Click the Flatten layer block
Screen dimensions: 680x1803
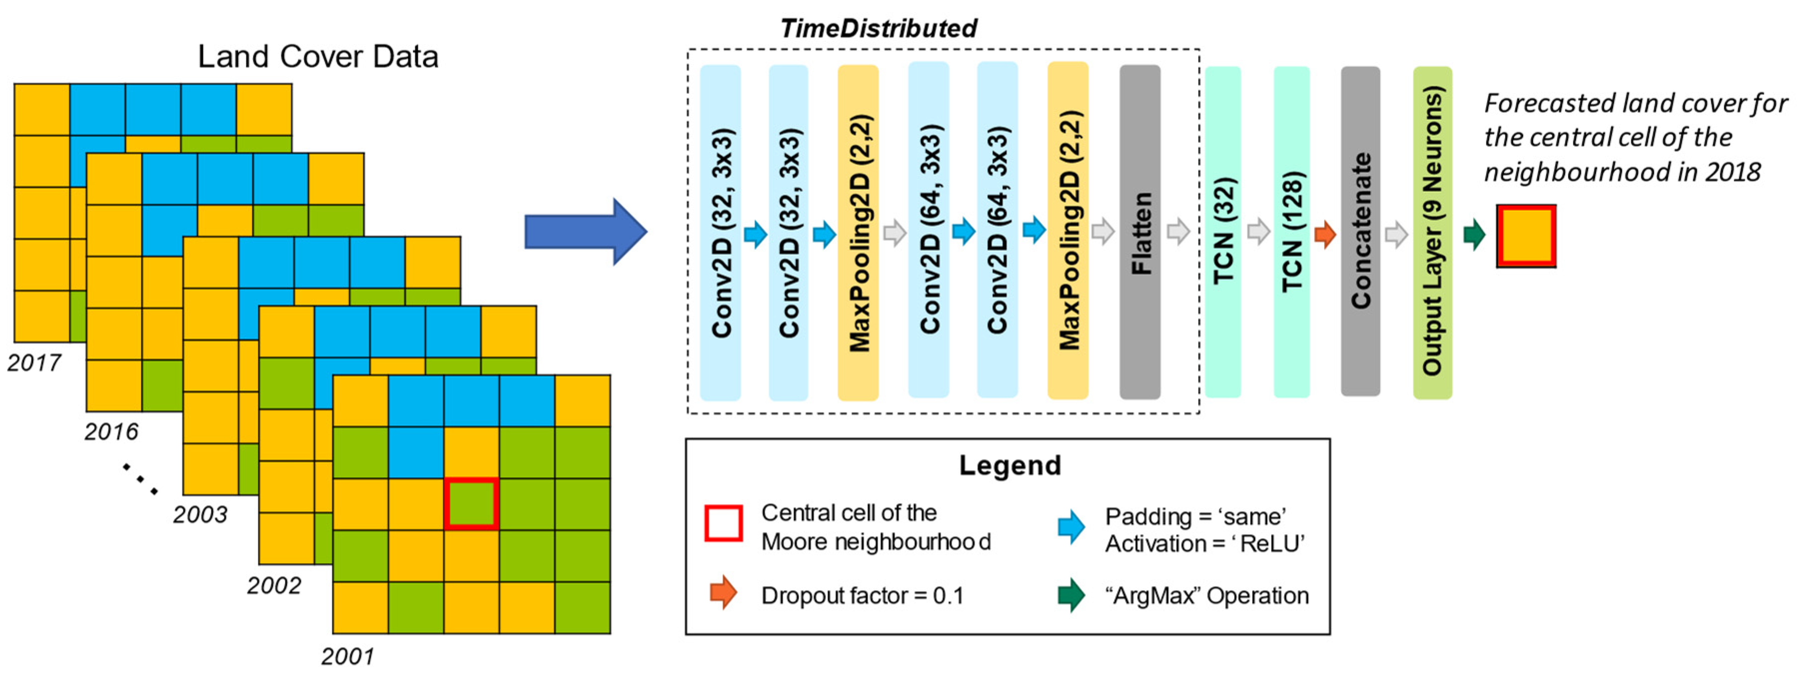(1140, 232)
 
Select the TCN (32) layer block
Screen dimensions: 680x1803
(1223, 232)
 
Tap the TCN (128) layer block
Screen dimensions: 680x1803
(1291, 232)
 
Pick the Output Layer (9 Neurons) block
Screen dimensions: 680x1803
(1432, 232)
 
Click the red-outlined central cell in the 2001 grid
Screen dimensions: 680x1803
(471, 503)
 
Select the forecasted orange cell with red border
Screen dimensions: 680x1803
(1526, 237)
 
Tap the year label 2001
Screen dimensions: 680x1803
(348, 656)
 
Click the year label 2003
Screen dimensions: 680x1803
(200, 514)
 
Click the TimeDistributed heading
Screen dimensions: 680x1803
(878, 28)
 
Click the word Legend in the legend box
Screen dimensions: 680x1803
(1009, 465)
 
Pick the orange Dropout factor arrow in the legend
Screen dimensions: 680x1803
(723, 593)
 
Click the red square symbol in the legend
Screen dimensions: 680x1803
(723, 523)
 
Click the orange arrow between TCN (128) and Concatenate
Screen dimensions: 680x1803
(1325, 234)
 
